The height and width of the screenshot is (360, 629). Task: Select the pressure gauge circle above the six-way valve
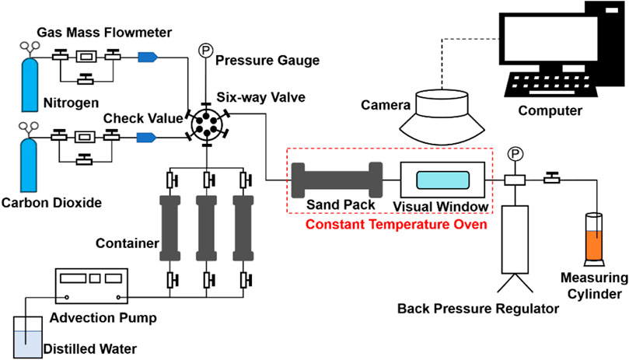pyautogui.click(x=207, y=48)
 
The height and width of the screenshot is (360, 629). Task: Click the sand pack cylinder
pyautogui.click(x=336, y=179)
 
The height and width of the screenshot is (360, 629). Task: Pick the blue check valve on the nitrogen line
pyautogui.click(x=148, y=56)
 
